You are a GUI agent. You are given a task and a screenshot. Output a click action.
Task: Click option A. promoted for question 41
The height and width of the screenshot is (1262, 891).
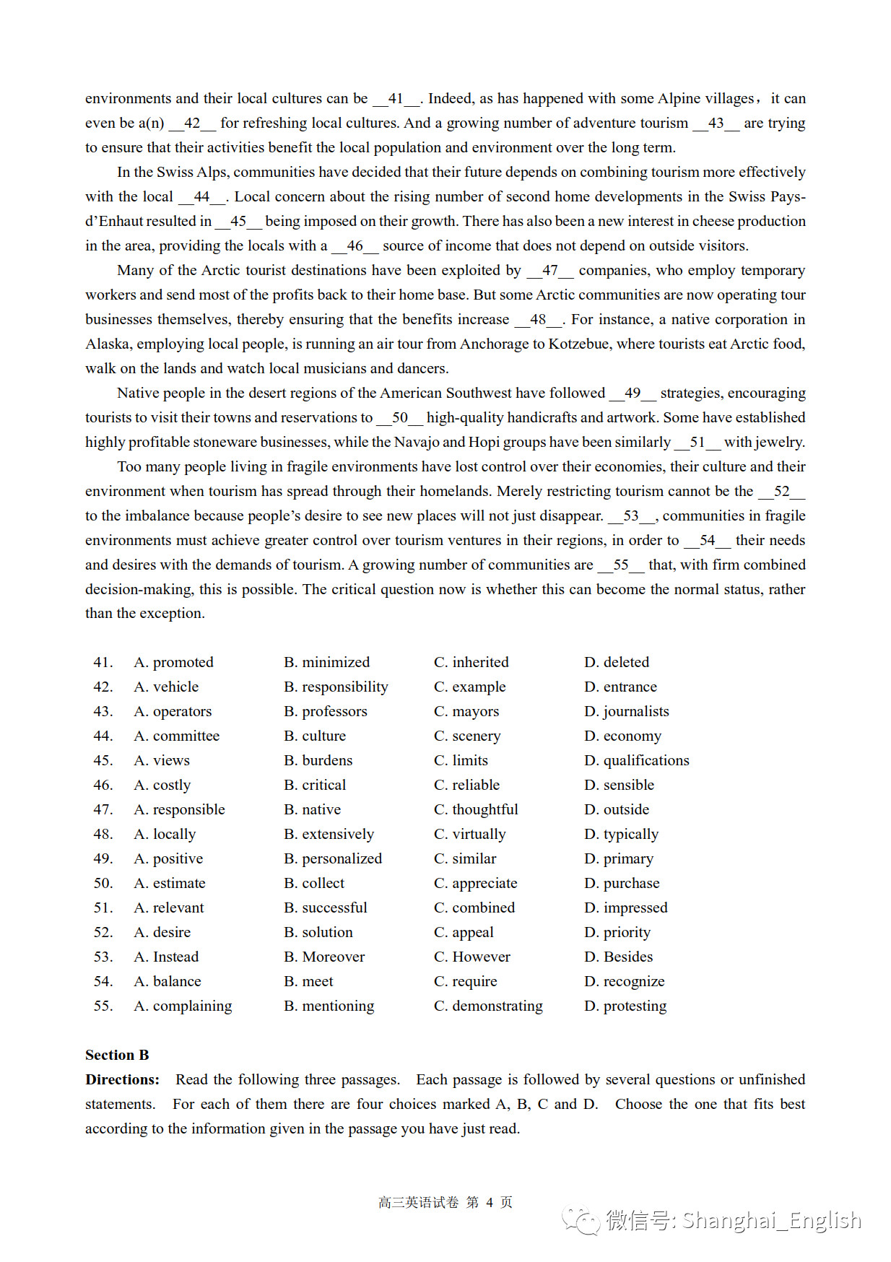[174, 662]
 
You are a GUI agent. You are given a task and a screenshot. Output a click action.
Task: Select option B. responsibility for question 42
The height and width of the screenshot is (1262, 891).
[336, 687]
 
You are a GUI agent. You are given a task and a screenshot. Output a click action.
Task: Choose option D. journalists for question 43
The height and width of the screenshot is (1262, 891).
[626, 711]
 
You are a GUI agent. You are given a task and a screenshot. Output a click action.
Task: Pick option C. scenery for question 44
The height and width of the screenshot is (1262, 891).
[467, 736]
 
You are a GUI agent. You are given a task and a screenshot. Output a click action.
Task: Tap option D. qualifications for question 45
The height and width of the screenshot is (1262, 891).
[636, 760]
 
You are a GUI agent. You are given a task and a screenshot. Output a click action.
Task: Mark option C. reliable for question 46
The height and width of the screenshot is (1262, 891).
[466, 785]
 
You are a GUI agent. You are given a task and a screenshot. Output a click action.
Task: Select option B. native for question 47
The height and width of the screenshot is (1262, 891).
[312, 809]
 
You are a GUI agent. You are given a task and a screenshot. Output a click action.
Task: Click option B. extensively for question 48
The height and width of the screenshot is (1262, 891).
[329, 834]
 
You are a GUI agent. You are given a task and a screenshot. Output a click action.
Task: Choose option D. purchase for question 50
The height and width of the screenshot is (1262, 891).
[622, 883]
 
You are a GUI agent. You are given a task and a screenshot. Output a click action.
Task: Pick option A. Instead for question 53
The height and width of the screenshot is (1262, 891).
[166, 957]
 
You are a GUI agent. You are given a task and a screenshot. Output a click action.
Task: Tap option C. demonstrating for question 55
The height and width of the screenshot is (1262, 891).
[488, 1006]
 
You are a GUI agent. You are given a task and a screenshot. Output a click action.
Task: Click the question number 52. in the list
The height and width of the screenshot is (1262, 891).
[103, 932]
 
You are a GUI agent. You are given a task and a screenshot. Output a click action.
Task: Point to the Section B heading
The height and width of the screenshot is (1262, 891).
[117, 1055]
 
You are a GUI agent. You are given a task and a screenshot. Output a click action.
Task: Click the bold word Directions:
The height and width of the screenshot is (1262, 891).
[122, 1079]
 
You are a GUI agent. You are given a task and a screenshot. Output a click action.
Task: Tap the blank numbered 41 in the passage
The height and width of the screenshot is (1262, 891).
[396, 99]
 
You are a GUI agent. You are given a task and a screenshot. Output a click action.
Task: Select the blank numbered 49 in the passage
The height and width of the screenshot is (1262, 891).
[633, 393]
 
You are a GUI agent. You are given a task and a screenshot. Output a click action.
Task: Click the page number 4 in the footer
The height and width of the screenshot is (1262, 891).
[490, 1202]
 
